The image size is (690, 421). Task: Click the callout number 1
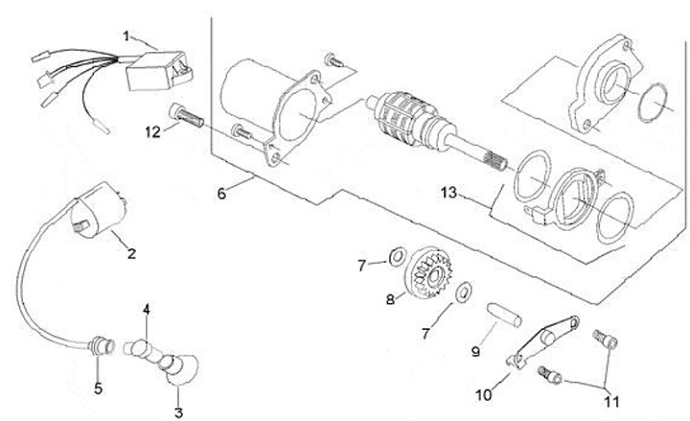(126, 35)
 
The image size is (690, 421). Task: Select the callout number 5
(96, 388)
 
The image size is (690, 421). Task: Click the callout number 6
(222, 193)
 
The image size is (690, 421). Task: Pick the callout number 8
(390, 299)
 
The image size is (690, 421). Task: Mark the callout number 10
(480, 392)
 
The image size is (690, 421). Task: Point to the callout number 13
(448, 193)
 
